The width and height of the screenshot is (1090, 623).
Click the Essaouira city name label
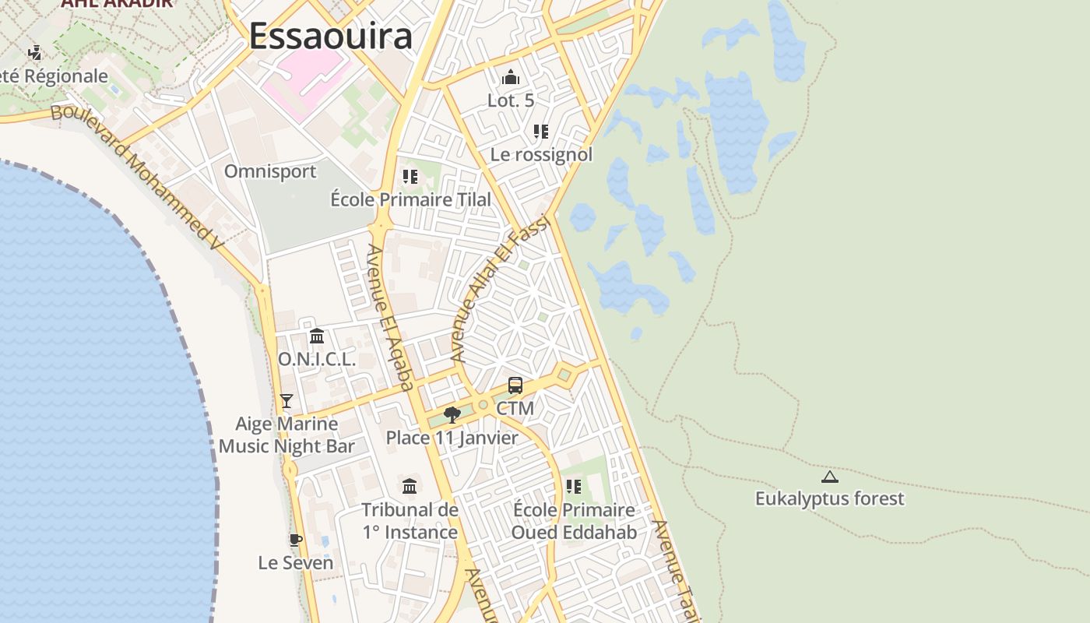tap(330, 36)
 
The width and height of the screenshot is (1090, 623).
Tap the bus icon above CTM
tap(515, 385)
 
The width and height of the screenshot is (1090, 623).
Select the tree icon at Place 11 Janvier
tap(452, 414)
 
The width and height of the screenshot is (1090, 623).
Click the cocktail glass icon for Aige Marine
tap(287, 401)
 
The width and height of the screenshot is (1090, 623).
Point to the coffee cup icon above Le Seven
tap(295, 539)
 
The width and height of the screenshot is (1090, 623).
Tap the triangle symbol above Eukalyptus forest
tap(829, 477)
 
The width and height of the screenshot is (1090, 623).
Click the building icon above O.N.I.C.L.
tap(317, 336)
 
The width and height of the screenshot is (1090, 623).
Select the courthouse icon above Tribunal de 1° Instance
tap(410, 487)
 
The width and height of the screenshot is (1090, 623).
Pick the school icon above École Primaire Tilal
tap(410, 177)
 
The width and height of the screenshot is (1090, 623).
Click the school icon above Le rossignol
tap(541, 132)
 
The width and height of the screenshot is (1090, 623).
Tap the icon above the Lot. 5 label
tap(511, 77)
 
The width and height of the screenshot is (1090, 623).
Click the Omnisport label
tap(270, 171)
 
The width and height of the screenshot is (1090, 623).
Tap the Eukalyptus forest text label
tap(830, 498)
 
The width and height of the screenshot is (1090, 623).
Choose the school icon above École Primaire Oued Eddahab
tap(574, 487)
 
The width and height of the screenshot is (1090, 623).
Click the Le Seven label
tap(296, 562)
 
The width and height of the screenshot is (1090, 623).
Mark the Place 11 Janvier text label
tap(452, 438)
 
